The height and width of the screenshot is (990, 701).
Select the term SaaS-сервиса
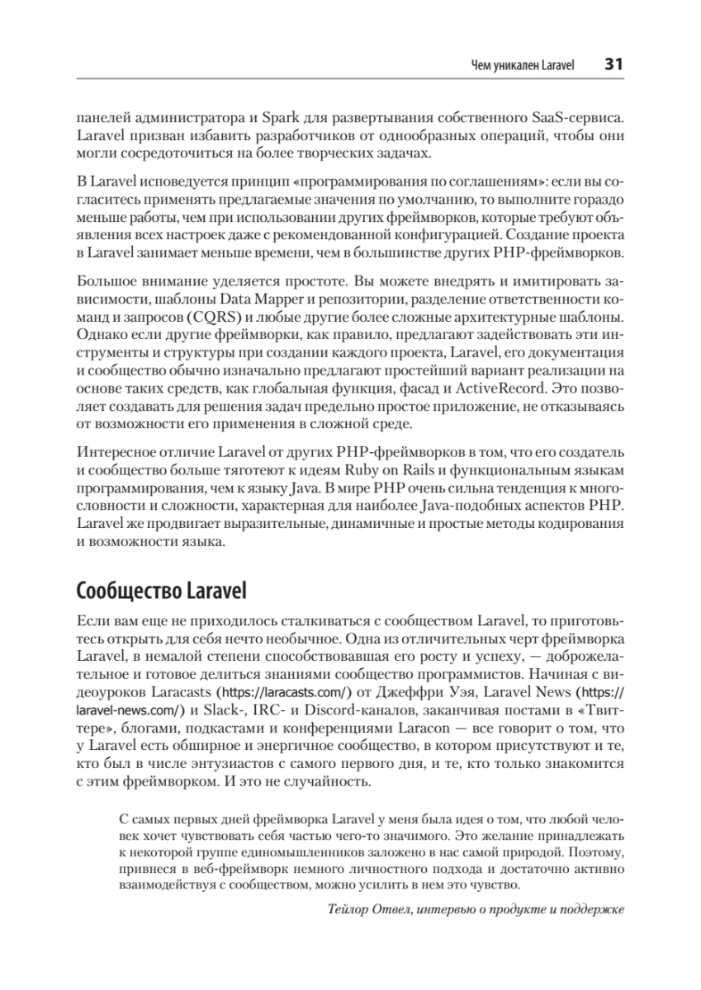[x=581, y=115]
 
